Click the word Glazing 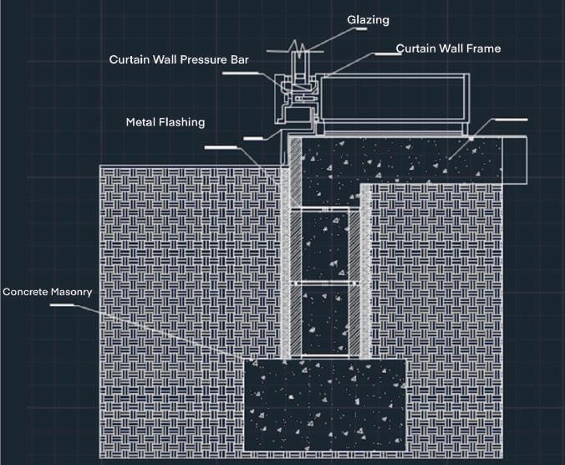click(368, 18)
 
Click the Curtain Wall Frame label click(448, 49)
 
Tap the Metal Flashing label click(165, 122)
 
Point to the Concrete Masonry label click(47, 292)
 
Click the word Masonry click(70, 292)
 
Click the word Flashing click(183, 122)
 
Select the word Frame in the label click(483, 49)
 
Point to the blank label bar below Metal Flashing click(221, 148)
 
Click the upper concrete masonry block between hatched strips click(326, 244)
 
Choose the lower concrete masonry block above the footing click(326, 322)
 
